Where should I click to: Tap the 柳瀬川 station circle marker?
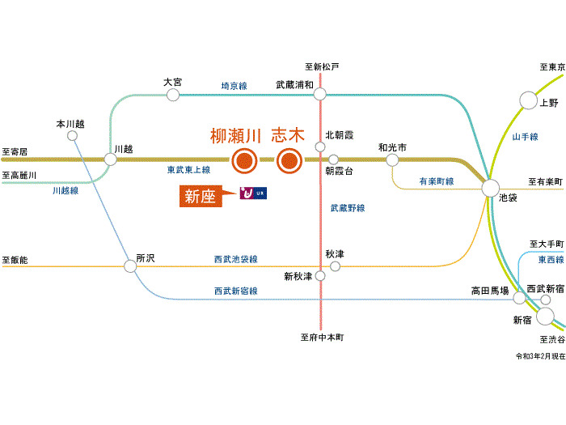243,160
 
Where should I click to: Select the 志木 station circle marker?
288,160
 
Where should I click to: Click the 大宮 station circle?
172,95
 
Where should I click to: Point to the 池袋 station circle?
491,189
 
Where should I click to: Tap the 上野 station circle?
528,100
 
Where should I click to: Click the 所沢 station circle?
131,265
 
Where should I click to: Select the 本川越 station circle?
72,136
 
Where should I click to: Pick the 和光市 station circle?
392,160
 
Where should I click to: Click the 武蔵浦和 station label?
295,83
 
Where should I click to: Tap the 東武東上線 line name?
188,170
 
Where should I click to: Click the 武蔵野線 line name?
348,208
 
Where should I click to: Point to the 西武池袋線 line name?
235,259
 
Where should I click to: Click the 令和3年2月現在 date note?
539,356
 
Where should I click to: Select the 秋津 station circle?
335,265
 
